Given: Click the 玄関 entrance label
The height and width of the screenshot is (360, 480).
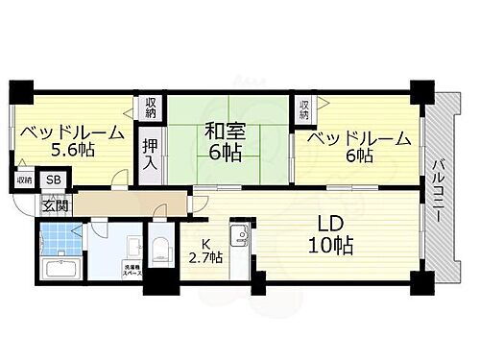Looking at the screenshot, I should [x=54, y=205].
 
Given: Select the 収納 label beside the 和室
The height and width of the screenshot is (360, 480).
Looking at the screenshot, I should [x=152, y=108].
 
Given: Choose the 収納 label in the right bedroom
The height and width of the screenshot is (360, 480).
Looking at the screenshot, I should [x=303, y=108].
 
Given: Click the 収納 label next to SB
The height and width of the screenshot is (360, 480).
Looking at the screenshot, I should [x=23, y=180].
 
